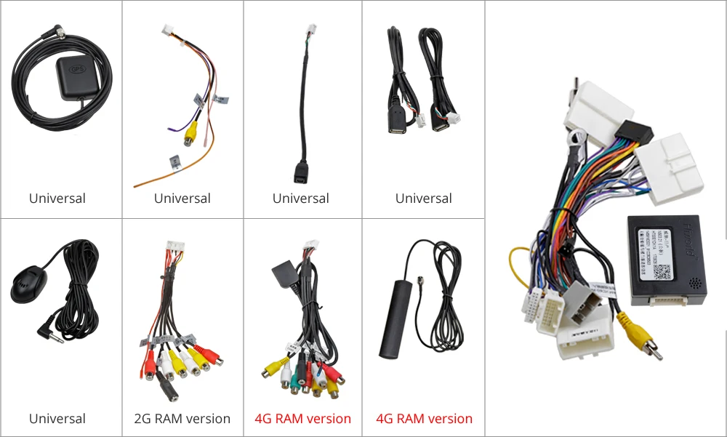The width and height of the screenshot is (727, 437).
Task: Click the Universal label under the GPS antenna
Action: tap(57, 199)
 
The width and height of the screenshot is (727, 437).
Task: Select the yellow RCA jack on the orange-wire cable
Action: tap(190, 133)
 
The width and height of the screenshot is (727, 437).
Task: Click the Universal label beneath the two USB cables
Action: tap(424, 199)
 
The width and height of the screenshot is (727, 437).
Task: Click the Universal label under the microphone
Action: tap(57, 419)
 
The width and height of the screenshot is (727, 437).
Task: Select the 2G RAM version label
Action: tap(182, 419)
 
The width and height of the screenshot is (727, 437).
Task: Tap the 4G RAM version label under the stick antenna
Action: tap(424, 419)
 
